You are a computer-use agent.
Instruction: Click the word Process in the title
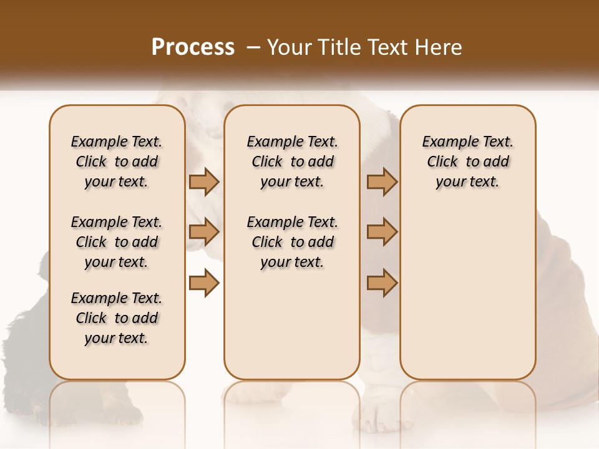(x=193, y=47)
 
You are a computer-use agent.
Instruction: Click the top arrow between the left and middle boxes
(x=204, y=182)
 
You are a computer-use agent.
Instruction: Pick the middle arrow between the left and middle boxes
(x=204, y=233)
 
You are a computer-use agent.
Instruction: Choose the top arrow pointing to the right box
(x=382, y=182)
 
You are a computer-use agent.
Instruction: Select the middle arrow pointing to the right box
(x=382, y=233)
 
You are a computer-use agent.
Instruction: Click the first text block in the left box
(x=117, y=162)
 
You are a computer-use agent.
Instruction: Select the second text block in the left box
(x=117, y=242)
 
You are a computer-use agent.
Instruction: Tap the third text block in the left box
(x=117, y=318)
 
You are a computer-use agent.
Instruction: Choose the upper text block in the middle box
(x=292, y=162)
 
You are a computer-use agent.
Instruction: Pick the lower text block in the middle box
(x=292, y=242)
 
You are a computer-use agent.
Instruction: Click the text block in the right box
(x=467, y=162)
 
